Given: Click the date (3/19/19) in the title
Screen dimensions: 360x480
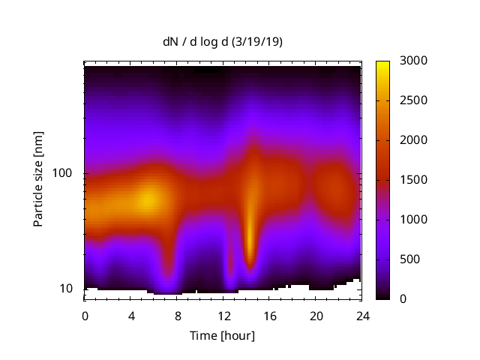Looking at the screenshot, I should (x=259, y=42).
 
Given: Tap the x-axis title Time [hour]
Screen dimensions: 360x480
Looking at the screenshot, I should (x=222, y=335).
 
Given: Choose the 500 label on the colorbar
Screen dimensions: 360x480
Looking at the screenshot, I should (x=409, y=259).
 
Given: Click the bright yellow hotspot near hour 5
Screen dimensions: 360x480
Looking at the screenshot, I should (x=148, y=199).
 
